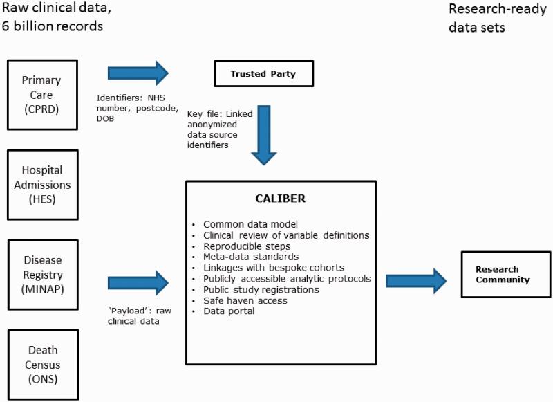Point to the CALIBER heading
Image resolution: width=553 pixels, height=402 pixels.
[x=280, y=199]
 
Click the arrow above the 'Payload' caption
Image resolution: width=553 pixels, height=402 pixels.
[x=138, y=282]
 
